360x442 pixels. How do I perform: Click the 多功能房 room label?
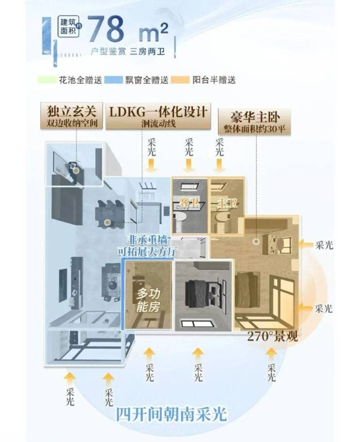(x=148, y=300)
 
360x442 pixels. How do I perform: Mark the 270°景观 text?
(x=272, y=336)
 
